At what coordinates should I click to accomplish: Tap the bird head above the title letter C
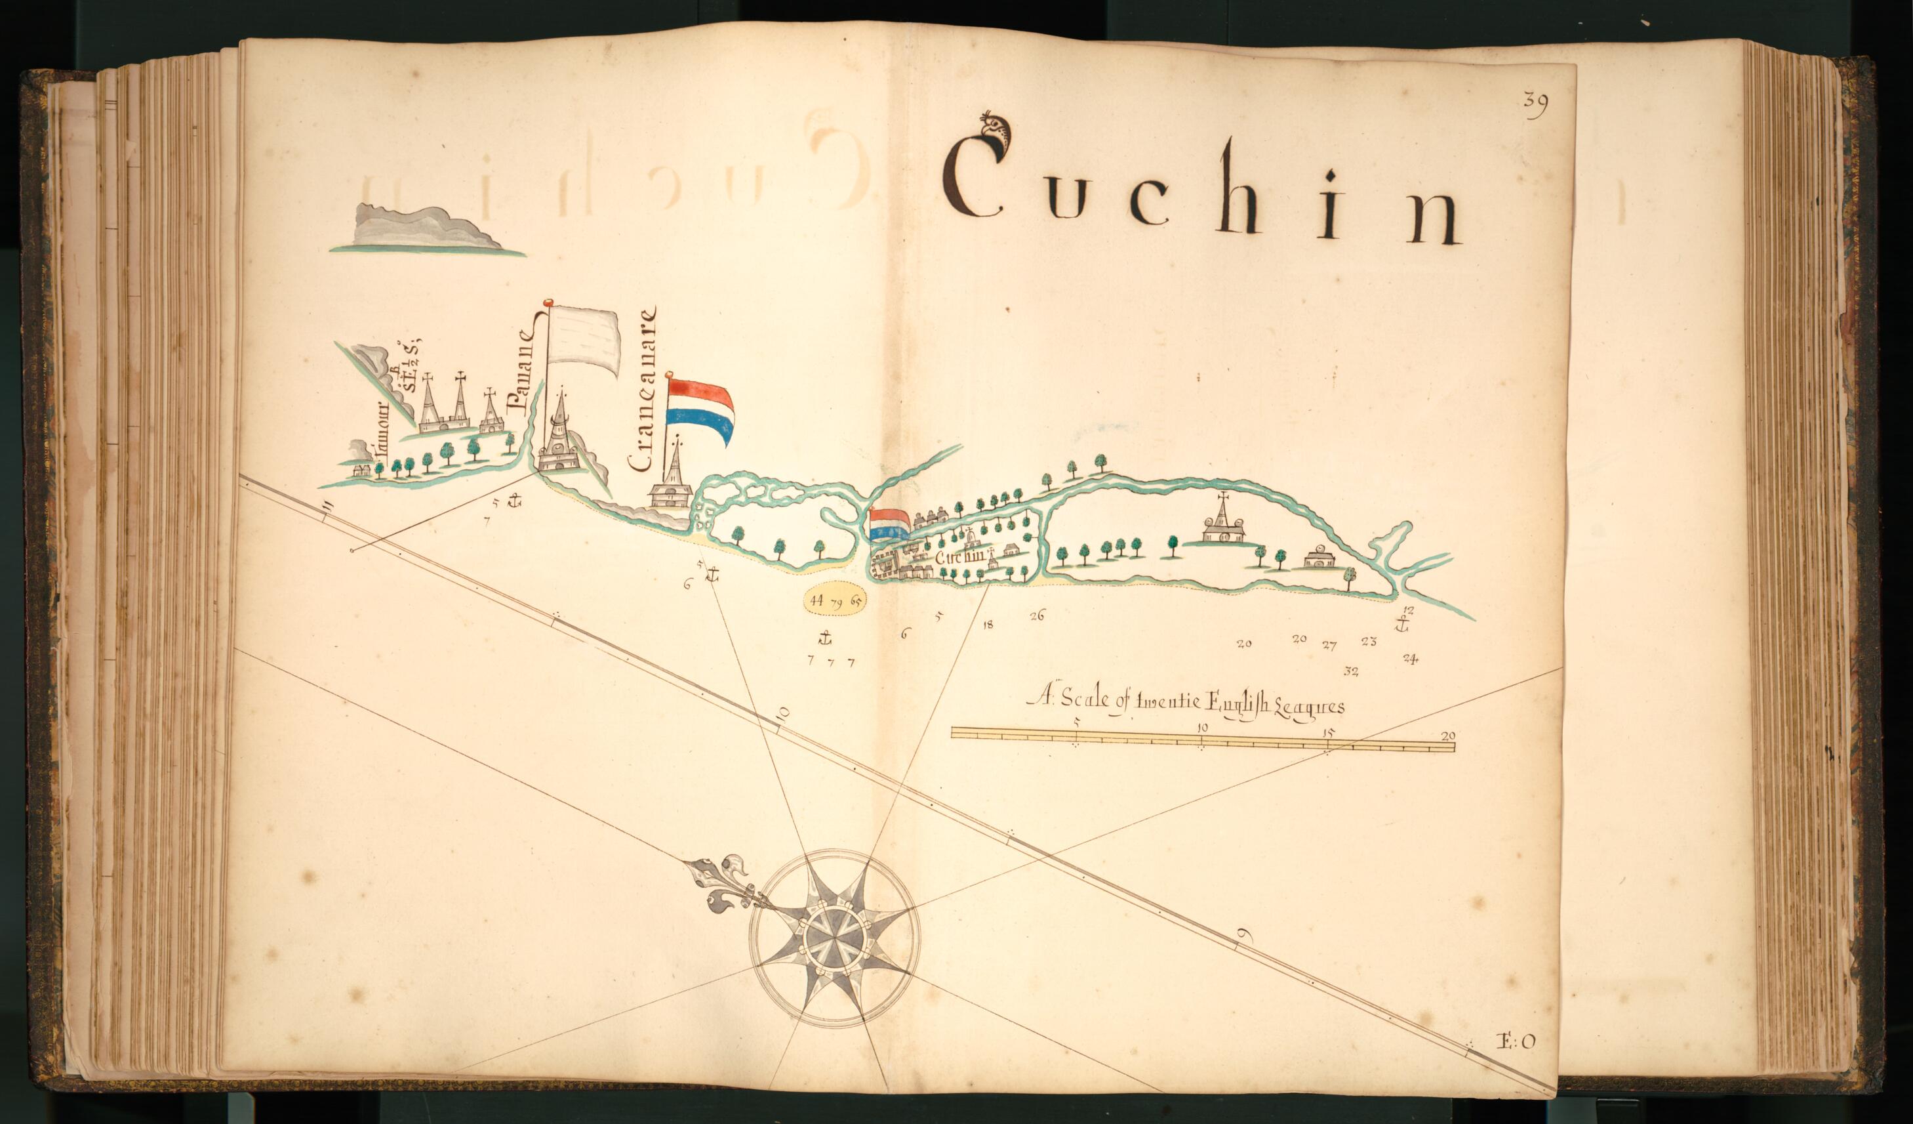(994, 135)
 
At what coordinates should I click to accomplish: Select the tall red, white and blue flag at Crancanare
(700, 411)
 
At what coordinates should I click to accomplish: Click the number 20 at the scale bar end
(1447, 735)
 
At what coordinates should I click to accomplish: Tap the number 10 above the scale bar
(1201, 728)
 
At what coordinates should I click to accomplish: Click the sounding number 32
(1350, 671)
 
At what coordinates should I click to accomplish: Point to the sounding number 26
(1037, 615)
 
